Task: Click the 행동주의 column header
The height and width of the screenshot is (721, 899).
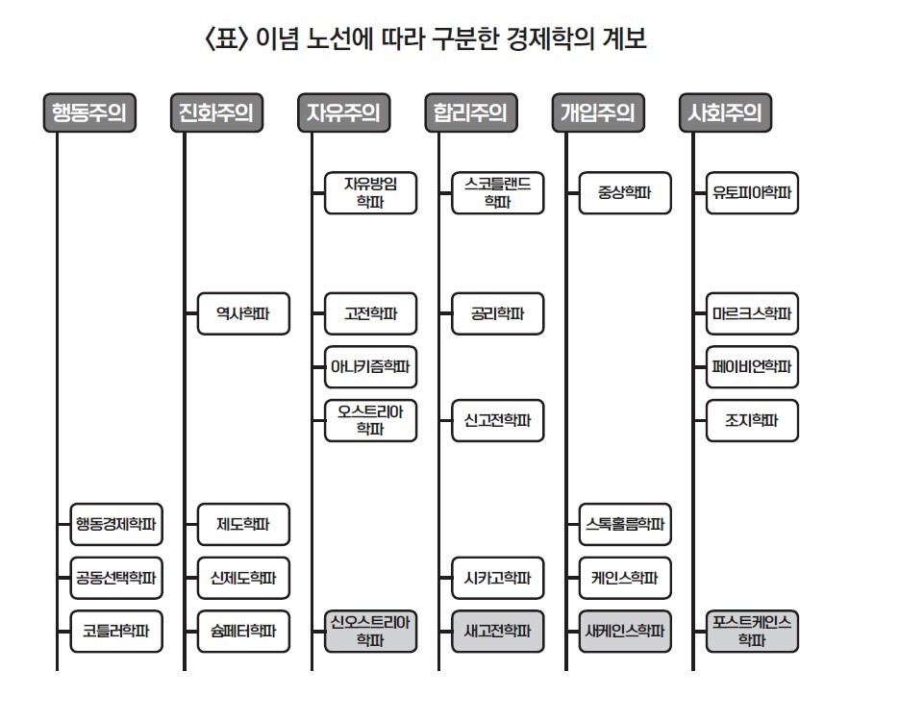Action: pos(89,112)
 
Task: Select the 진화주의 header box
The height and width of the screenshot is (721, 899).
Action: pos(215,112)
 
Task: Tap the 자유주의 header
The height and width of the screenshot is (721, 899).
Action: pos(343,112)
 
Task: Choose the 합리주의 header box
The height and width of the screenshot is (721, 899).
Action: pos(470,112)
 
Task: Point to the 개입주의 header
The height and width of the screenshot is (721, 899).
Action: pos(597,112)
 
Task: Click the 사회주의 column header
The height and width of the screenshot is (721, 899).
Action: pos(724,112)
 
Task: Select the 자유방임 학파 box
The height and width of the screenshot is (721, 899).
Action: pos(370,192)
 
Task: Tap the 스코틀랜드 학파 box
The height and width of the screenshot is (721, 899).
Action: pos(497,192)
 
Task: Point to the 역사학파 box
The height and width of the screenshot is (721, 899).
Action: pos(243,313)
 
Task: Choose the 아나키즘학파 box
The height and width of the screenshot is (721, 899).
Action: pos(370,366)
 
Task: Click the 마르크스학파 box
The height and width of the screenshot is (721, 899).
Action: pos(752,313)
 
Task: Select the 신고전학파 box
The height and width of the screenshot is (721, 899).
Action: pos(497,420)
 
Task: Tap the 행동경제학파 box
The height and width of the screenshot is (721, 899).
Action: pos(116,524)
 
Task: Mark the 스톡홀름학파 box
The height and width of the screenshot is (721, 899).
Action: pos(624,524)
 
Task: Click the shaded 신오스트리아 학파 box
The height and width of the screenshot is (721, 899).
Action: pos(370,631)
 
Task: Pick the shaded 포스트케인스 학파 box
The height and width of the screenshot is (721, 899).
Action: pos(752,631)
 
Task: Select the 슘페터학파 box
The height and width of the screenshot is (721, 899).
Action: pos(243,632)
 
